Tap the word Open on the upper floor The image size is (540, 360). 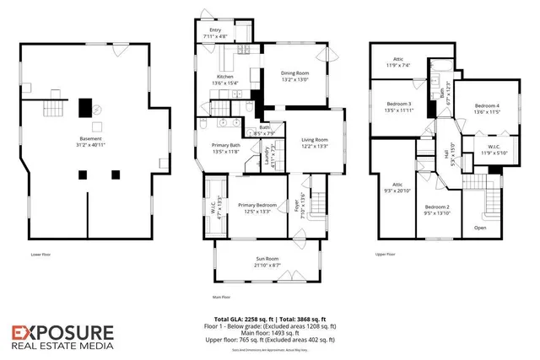click(480, 228)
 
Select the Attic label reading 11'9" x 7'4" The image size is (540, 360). click(397, 63)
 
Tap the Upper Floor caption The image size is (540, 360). click(386, 252)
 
